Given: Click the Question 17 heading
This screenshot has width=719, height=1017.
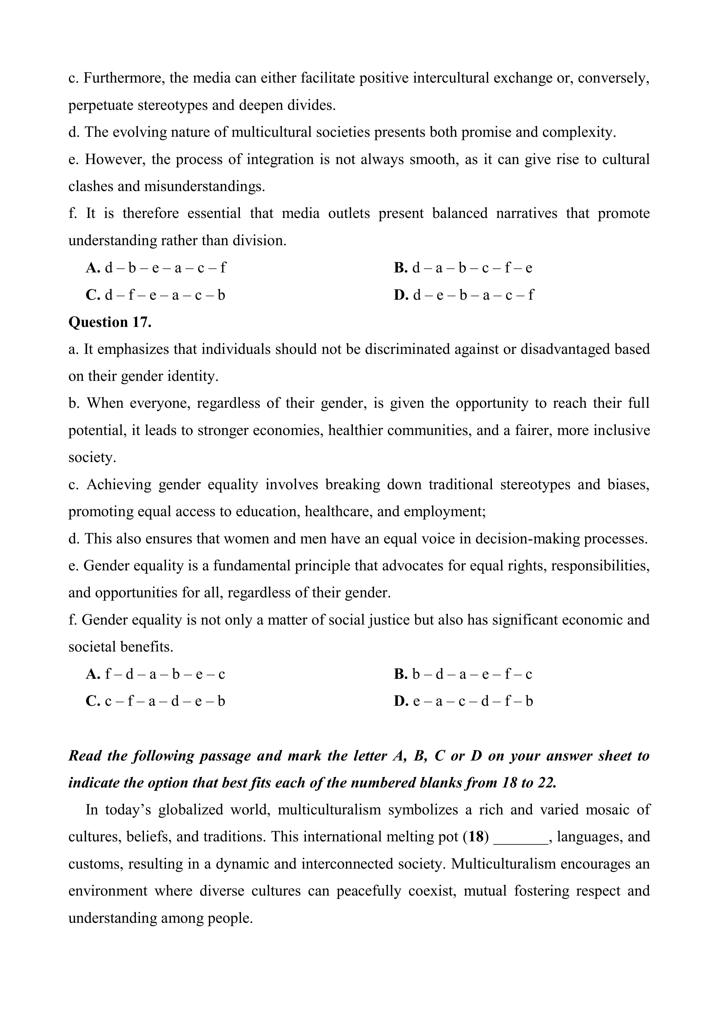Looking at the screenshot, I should (110, 322).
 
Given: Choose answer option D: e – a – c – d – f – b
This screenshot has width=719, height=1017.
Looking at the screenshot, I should (463, 701).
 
